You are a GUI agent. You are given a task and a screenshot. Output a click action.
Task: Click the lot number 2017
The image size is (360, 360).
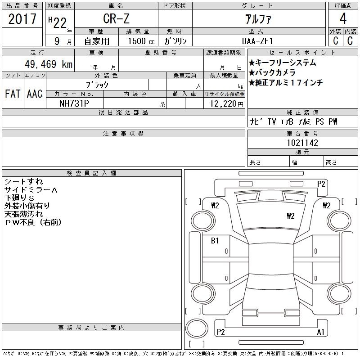(22, 19)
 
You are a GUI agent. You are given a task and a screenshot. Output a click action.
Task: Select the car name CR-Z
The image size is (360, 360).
(116, 18)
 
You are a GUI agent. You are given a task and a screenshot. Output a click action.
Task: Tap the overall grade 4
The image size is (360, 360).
(343, 18)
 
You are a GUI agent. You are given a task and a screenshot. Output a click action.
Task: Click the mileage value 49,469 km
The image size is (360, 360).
(49, 64)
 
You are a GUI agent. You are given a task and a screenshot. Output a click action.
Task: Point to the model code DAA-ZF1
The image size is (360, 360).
(257, 41)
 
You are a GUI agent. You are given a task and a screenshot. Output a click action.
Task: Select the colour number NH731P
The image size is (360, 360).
(74, 103)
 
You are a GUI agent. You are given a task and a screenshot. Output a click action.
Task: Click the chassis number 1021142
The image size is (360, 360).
(302, 143)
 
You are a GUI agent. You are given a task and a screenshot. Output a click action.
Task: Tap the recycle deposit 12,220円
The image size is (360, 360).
(226, 104)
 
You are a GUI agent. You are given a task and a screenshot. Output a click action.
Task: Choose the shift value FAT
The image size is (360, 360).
(13, 94)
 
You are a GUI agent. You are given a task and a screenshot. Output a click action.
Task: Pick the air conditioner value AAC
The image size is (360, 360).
(35, 94)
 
